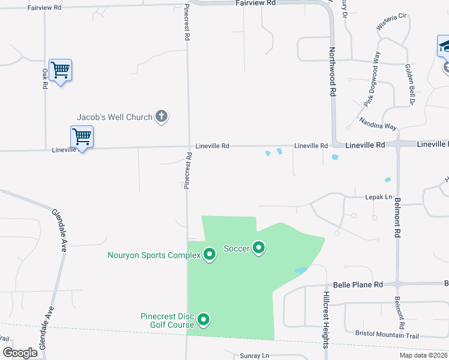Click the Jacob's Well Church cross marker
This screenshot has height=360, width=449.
[161, 116]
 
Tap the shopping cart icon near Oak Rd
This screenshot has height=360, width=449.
[60, 70]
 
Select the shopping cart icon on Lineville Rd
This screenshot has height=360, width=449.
[82, 137]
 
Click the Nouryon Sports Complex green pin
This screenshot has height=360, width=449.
[209, 255]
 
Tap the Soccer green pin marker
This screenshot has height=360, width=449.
[259, 248]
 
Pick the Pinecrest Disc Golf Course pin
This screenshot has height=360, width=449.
[203, 320]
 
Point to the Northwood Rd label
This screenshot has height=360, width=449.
[331, 73]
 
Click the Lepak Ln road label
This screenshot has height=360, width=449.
[378, 197]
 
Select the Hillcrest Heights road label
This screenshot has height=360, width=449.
[325, 320]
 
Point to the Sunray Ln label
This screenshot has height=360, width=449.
[255, 356]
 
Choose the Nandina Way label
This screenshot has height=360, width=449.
[378, 124]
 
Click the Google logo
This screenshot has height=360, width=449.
[20, 353]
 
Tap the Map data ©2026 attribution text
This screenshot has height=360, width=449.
[423, 355]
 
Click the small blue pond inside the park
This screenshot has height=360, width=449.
[301, 271]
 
